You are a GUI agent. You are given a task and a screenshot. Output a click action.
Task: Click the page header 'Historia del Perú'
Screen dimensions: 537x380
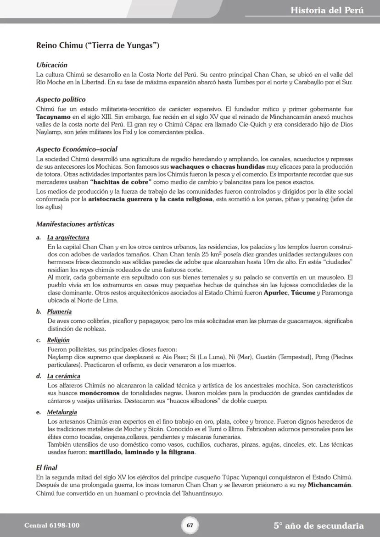coord(327,10)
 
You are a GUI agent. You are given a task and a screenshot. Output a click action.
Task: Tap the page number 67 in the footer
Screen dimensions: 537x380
coord(190,525)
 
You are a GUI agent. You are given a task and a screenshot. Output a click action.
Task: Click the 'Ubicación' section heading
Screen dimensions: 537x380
coord(52,65)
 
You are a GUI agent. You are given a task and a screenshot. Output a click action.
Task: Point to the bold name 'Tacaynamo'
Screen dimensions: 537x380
coord(53,117)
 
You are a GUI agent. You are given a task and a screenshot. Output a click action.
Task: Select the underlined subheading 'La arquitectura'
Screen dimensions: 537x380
coord(68,238)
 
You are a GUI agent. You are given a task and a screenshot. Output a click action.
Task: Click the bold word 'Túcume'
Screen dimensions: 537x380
coord(303,293)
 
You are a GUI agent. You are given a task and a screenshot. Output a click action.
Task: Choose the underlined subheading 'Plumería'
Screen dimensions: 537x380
coord(59,312)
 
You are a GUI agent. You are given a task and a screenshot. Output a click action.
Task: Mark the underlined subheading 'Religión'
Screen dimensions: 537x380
coord(58,340)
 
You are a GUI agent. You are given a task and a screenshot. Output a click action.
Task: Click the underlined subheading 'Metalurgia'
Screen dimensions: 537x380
coord(61,412)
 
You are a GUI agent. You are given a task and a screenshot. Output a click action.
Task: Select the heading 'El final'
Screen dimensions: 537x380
coord(47,468)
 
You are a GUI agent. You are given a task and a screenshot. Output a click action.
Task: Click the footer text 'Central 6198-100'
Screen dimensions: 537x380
coord(52,525)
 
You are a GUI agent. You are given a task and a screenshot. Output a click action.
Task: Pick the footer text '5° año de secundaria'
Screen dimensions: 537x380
coord(319,526)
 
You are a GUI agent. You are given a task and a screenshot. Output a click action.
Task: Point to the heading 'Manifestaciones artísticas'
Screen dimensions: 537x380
coord(75,224)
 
